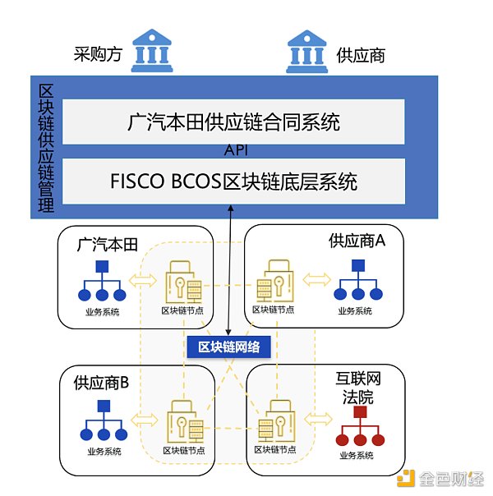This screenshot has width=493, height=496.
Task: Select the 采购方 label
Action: click(96, 55)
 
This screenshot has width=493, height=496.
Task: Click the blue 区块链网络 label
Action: click(229, 347)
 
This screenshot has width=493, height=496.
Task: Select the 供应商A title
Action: click(357, 241)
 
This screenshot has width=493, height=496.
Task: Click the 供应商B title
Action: click(102, 383)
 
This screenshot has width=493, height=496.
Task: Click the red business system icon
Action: click(358, 428)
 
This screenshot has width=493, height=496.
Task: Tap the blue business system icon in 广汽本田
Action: click(103, 282)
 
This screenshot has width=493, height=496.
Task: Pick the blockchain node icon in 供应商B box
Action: click(182, 422)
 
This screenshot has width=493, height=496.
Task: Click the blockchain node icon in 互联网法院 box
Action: click(273, 422)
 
